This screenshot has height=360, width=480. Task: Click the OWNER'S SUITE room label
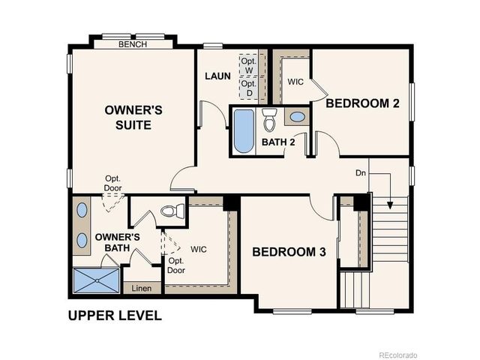(133, 117)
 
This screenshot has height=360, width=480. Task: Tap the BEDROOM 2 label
(361, 103)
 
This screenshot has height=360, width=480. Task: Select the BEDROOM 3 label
(289, 252)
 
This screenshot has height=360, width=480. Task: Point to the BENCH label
(133, 44)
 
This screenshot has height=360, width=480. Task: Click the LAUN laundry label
(218, 76)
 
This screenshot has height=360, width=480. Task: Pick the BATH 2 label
(278, 141)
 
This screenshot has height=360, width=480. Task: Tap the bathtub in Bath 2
(243, 132)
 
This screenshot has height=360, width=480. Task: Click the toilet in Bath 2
(270, 118)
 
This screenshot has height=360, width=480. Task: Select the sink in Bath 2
(296, 117)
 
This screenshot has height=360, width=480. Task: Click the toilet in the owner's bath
(172, 211)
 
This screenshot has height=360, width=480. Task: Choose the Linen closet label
(141, 288)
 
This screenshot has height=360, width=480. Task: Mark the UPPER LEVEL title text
(115, 315)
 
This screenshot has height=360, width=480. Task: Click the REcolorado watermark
(398, 354)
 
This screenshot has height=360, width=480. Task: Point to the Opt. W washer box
(250, 65)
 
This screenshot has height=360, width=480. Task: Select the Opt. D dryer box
(250, 88)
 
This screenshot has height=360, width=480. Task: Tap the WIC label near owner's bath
(199, 248)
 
